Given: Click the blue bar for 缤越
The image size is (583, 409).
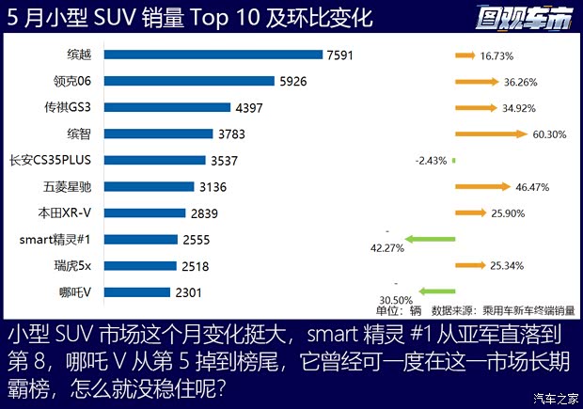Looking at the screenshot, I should (x=213, y=55).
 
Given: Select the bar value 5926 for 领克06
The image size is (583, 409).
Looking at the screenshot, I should (x=292, y=82).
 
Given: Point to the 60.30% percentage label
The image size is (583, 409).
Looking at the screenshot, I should (x=549, y=134).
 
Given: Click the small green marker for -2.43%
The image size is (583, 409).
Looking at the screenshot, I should (x=453, y=160).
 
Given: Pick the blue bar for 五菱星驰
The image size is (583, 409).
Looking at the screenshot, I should (x=149, y=187).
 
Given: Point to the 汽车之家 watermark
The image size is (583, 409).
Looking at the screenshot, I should (x=552, y=397).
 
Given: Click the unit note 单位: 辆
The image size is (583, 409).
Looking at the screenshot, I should (x=398, y=309).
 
